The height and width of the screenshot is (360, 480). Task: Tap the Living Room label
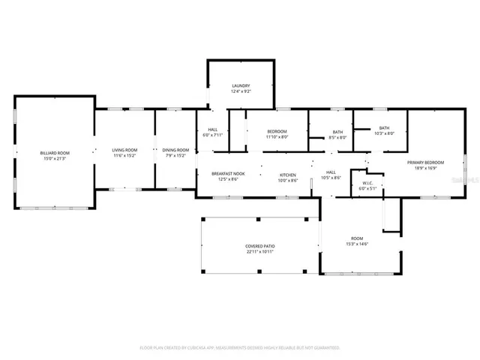tap(124, 151)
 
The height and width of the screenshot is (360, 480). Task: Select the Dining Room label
tap(175, 151)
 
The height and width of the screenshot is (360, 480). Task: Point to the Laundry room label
tap(240, 86)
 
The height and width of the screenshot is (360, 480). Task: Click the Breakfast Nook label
tap(224, 173)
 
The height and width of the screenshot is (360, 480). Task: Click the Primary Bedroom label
tap(425, 163)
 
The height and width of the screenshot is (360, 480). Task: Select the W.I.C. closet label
tap(367, 183)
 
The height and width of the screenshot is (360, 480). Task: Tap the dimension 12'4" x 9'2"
tap(240, 91)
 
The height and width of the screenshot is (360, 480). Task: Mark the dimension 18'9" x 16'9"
tap(425, 168)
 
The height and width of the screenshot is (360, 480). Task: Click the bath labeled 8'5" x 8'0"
tap(337, 135)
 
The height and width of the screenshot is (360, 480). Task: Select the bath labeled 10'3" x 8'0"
tap(384, 130)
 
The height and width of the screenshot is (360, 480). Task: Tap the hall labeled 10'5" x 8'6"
tap(331, 175)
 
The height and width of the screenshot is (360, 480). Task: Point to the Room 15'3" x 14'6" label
tap(356, 241)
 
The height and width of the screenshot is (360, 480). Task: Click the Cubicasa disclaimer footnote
tap(240, 348)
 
